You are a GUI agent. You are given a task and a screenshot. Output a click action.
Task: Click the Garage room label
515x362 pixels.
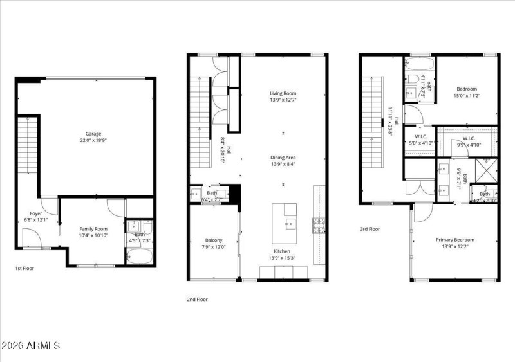tap(93, 134)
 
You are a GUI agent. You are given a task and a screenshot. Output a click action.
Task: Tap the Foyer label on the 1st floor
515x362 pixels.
tap(35, 214)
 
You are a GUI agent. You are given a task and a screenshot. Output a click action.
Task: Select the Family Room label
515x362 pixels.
tap(93, 229)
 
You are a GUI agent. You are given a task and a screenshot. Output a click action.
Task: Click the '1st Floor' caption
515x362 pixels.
tap(24, 268)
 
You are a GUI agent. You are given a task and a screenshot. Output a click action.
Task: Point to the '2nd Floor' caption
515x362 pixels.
tap(197, 299)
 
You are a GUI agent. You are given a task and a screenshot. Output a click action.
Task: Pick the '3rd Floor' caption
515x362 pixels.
tap(370, 228)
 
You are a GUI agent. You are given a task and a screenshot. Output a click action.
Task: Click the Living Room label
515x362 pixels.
tap(283, 93)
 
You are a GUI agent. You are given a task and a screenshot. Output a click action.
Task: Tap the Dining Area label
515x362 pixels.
tap(283, 157)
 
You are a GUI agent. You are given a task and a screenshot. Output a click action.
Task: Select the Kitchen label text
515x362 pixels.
tap(282, 251)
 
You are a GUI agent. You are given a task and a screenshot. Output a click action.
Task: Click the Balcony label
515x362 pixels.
tap(214, 240)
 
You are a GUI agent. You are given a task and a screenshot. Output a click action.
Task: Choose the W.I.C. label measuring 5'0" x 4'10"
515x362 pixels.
tap(421, 136)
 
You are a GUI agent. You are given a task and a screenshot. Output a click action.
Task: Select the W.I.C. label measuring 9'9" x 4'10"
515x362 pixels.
tap(469, 138)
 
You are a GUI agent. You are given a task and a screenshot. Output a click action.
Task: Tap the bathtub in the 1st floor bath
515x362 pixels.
tap(139, 257)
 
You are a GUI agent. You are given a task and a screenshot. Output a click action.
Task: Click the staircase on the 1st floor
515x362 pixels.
tap(27, 146)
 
